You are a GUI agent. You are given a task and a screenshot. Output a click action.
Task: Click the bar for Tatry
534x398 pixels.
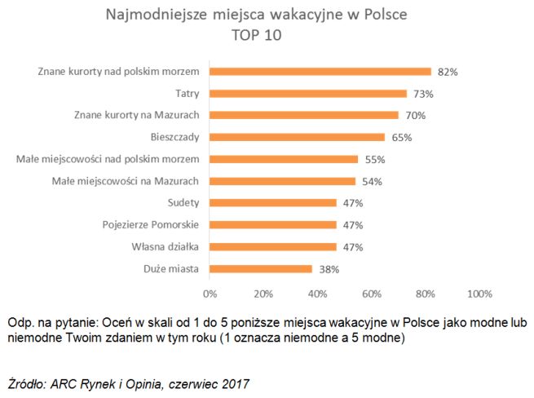(308, 93)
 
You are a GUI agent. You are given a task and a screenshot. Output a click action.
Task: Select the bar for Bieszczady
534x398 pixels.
(298, 137)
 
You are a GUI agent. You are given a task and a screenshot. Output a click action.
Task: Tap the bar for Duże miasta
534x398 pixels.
(261, 268)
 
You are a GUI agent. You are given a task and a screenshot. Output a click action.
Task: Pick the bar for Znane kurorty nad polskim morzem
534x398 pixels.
(320, 71)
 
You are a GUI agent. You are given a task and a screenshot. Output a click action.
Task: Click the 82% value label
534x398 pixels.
(448, 72)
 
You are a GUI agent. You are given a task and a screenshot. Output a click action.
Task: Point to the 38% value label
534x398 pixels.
(329, 269)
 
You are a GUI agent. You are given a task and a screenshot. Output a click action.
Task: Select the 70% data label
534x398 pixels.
(415, 116)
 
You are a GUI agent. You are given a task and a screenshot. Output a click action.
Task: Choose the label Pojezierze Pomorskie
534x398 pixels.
(152, 224)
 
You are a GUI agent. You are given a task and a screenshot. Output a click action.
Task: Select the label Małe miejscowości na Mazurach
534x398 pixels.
(126, 181)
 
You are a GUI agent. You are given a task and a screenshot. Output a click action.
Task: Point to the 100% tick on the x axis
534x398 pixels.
(479, 293)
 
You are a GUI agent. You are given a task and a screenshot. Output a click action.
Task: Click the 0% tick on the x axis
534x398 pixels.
(210, 293)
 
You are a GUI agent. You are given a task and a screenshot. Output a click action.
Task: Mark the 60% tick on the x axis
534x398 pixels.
(371, 293)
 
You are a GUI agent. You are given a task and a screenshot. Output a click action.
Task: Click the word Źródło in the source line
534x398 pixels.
(26, 382)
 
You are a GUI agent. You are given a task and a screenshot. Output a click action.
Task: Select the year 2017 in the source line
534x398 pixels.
(236, 382)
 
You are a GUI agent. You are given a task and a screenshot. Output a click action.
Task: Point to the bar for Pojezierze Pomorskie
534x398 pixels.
(273, 224)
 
